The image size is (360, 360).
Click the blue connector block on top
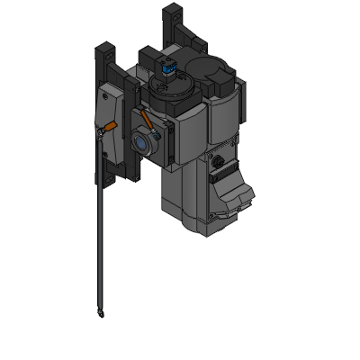pyautogui.click(x=167, y=67)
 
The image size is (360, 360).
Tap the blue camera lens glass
pyautogui.click(x=142, y=140)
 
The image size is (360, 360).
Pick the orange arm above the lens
pyautogui.click(x=145, y=119)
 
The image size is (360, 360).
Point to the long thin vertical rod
pyautogui.click(x=97, y=234)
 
